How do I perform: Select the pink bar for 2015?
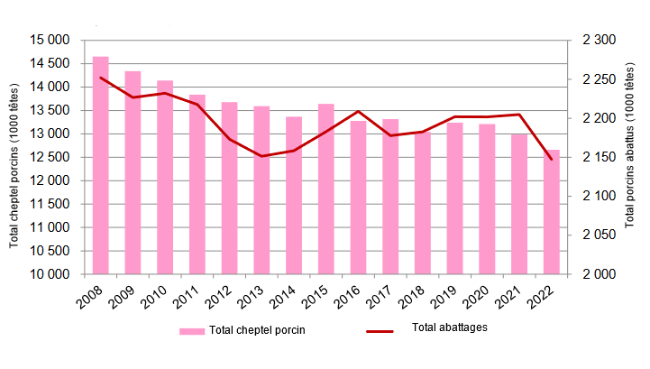coord(325,189)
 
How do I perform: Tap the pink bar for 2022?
coord(551,212)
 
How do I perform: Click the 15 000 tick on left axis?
coord(50,41)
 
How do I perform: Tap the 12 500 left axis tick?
coord(50,157)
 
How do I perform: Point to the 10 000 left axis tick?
coord(50,274)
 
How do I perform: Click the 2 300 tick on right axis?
coord(599,41)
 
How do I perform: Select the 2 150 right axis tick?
coord(599,158)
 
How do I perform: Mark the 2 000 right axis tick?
coord(599,274)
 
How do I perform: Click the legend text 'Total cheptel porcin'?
coord(257,330)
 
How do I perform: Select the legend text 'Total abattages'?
coord(449,327)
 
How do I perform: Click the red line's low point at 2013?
coord(261,156)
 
